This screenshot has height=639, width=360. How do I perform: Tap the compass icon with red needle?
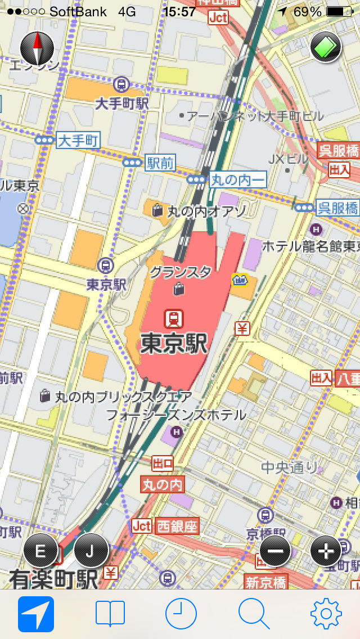click(x=37, y=47)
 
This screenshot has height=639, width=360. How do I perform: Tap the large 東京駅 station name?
click(x=174, y=344)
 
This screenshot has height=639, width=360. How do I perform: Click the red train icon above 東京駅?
click(x=174, y=319)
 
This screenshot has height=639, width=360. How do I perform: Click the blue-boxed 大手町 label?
click(x=78, y=141)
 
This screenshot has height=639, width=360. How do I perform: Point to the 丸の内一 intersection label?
click(x=237, y=180)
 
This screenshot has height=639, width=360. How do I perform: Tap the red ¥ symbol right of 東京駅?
click(x=242, y=327)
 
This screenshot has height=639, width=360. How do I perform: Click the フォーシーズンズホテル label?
click(x=176, y=415)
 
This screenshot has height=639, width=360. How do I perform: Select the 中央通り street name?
click(x=290, y=467)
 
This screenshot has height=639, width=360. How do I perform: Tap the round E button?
click(x=40, y=550)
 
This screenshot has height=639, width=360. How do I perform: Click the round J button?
click(x=91, y=550)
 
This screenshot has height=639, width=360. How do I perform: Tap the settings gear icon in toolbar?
click(x=326, y=614)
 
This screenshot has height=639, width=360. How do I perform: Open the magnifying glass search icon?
click(x=254, y=614)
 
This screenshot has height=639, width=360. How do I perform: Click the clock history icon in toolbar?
click(x=181, y=614)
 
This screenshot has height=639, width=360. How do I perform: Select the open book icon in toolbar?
click(x=110, y=614)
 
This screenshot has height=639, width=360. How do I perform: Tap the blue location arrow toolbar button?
click(x=36, y=614)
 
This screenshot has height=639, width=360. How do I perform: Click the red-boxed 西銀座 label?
click(x=177, y=526)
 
